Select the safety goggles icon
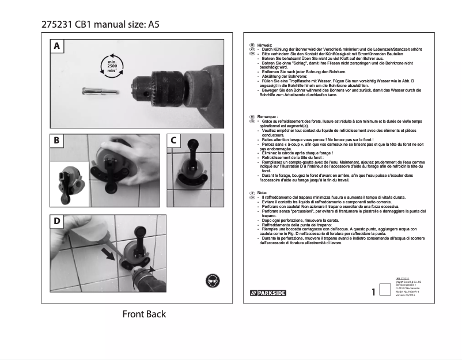[212, 281]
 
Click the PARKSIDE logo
[269, 293]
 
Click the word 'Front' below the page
[132, 314]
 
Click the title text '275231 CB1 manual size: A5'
[100, 25]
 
